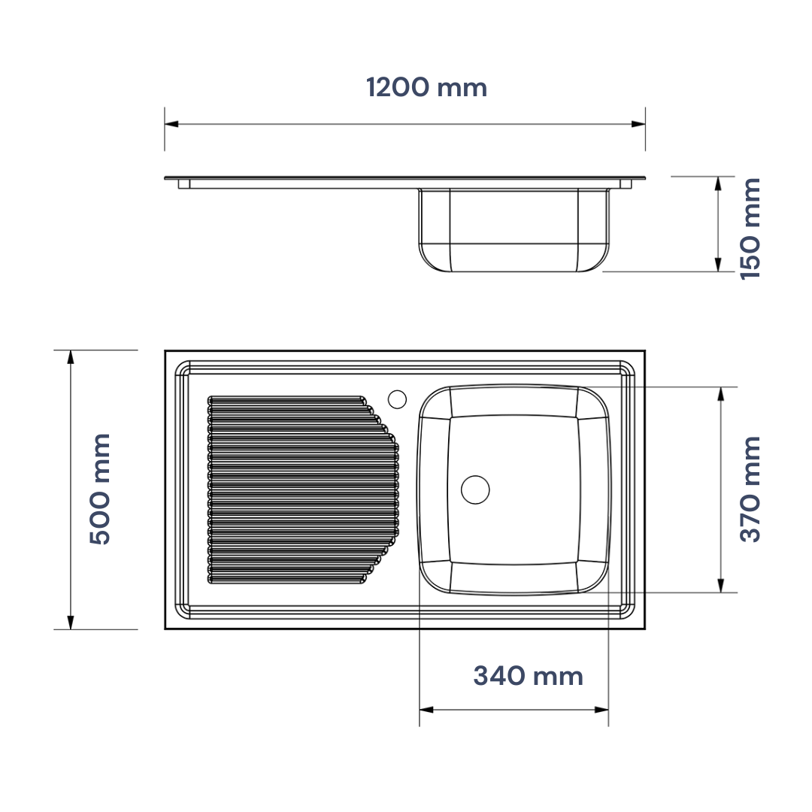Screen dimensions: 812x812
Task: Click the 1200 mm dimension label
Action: pos(427,87)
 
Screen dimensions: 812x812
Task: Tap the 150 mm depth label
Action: pos(750,229)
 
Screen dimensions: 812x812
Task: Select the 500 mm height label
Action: pos(100,489)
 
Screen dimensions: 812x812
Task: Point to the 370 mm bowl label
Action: pos(750,489)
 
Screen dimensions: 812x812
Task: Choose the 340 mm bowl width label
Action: pos(529,676)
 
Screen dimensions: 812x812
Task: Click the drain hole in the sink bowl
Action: pos(475,490)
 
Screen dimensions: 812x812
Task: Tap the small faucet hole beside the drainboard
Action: pos(397,399)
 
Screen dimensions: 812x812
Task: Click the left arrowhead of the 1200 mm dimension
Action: pos(171,124)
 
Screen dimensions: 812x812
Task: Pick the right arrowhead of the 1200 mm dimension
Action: pos(638,124)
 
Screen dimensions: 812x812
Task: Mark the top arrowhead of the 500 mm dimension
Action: pos(71,357)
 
